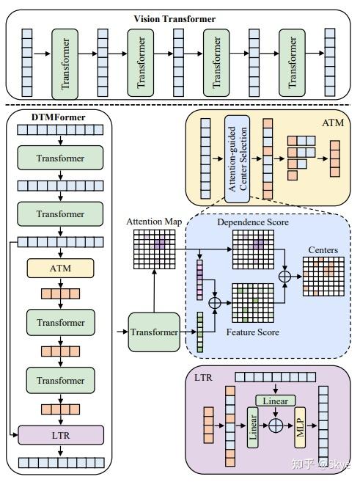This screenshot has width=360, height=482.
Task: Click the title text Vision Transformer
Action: pyautogui.click(x=174, y=18)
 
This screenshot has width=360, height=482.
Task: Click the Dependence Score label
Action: pyautogui.click(x=252, y=221)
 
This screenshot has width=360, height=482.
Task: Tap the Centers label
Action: pyautogui.click(x=323, y=250)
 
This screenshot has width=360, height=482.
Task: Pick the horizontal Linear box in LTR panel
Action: pyautogui.click(x=275, y=401)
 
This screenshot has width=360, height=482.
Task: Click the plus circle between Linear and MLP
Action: pyautogui.click(x=276, y=425)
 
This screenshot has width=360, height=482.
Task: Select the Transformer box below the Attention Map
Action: pyautogui.click(x=155, y=332)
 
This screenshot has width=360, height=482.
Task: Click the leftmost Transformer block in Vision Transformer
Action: pyautogui.click(x=65, y=65)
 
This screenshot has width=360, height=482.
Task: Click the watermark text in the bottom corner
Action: pyautogui.click(x=322, y=464)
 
